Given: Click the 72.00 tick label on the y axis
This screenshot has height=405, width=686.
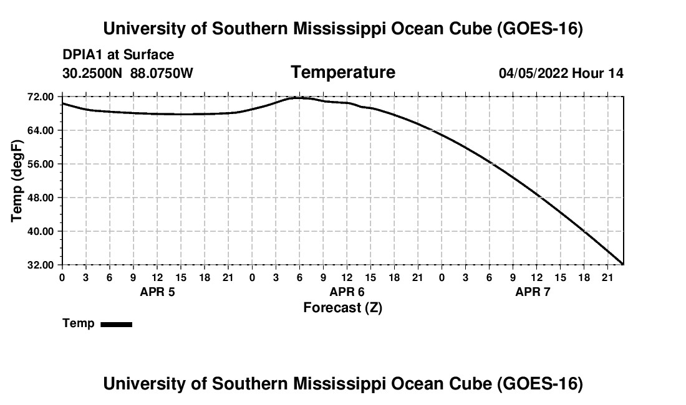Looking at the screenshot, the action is pyautogui.click(x=42, y=97).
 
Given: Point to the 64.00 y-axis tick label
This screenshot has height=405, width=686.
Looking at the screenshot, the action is pyautogui.click(x=42, y=130).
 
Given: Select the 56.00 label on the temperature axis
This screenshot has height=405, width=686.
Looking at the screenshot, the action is pyautogui.click(x=42, y=164).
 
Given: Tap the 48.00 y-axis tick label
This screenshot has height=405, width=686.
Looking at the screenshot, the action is pyautogui.click(x=42, y=198).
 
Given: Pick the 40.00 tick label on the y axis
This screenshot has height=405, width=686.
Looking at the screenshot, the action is pyautogui.click(x=42, y=231).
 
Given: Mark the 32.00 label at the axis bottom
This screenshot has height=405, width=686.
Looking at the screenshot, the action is pyautogui.click(x=42, y=265).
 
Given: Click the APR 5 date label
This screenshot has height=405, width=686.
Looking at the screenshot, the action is pyautogui.click(x=158, y=292).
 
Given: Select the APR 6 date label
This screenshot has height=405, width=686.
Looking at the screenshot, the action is pyautogui.click(x=347, y=292).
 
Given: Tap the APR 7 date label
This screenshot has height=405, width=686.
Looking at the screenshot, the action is pyautogui.click(x=533, y=292).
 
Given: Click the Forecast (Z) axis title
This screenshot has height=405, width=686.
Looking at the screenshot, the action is pyautogui.click(x=343, y=308).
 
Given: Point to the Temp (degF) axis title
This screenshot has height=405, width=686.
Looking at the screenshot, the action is pyautogui.click(x=17, y=181).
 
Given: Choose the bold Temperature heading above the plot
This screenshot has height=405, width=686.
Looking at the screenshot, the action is pyautogui.click(x=343, y=72).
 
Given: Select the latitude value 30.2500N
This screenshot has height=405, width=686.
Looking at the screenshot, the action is pyautogui.click(x=92, y=73).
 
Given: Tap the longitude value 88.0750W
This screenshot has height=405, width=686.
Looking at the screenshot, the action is pyautogui.click(x=162, y=73).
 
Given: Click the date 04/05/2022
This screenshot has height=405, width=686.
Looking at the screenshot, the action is pyautogui.click(x=533, y=73).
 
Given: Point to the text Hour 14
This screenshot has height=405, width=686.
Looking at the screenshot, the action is pyautogui.click(x=597, y=73).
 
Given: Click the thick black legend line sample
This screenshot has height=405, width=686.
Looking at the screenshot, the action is pyautogui.click(x=117, y=324).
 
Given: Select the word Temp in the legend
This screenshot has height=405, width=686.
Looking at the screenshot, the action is pyautogui.click(x=79, y=323).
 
